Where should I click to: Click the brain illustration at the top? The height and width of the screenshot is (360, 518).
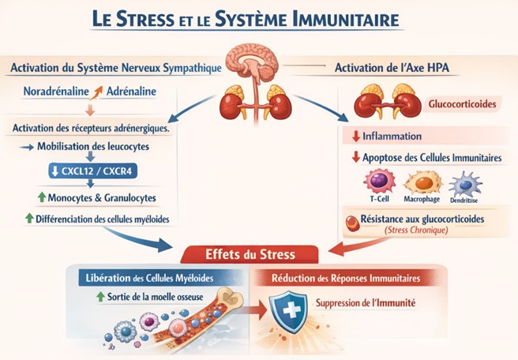(x=252, y=62)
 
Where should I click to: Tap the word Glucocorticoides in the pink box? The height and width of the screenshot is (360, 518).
(x=462, y=104)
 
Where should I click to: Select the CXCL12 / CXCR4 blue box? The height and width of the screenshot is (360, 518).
(x=93, y=171)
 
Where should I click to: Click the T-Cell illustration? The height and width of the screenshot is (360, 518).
(x=379, y=181)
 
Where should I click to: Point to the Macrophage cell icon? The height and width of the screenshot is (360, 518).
(x=423, y=182)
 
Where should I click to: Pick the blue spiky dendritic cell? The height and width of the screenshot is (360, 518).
(x=465, y=184)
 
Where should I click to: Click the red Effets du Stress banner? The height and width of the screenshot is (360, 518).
(x=250, y=254)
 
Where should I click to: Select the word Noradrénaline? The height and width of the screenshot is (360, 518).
(x=56, y=92)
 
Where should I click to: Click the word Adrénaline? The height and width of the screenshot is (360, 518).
(x=131, y=92)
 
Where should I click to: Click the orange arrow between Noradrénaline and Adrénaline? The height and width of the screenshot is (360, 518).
(x=96, y=92)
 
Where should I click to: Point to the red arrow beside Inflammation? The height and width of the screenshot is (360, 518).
(x=356, y=136)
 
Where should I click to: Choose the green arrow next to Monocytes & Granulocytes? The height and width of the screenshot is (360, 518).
(x=42, y=197)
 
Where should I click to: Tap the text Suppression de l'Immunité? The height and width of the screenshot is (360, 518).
(x=366, y=303)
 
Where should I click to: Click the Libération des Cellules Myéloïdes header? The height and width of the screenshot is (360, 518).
(x=149, y=278)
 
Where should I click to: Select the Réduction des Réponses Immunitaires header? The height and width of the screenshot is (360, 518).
(x=346, y=278)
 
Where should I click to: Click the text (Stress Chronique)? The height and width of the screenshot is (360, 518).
(x=416, y=230)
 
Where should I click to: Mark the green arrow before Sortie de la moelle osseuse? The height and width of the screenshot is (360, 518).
(x=100, y=297)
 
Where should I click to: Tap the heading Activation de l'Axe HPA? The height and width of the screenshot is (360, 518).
(x=392, y=68)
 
